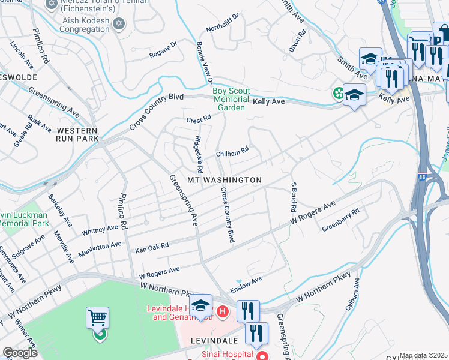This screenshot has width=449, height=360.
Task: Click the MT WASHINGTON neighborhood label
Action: [224, 180]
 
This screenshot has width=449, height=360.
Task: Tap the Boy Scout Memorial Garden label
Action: [231, 99]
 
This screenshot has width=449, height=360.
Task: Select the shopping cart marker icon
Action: [97, 317]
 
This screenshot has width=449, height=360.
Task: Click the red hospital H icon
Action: [223, 311]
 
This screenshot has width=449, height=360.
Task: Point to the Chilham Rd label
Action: [232, 153]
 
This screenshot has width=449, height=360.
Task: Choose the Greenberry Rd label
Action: [340, 220]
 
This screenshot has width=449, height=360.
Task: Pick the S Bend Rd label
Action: [294, 198]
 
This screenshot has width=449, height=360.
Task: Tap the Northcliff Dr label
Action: [222, 23]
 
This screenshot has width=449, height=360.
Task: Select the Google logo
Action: [20, 353]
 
